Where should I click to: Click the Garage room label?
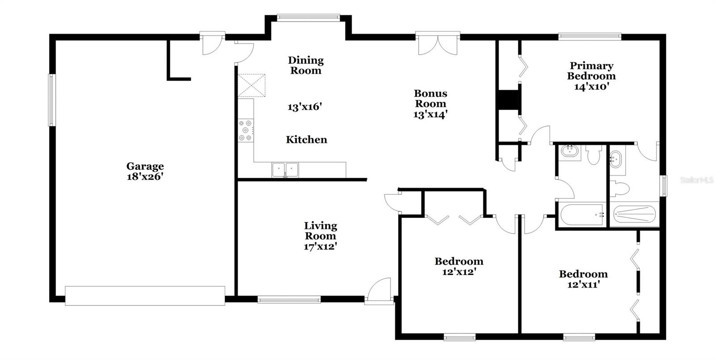145,166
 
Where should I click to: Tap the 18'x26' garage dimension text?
145,176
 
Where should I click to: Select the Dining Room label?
306,65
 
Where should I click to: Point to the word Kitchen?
307,139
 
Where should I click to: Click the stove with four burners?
246,130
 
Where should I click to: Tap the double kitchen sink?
285,170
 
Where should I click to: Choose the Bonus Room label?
431,98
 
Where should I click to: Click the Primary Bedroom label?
592,71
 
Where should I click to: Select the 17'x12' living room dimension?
320,247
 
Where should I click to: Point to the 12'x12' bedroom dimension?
459,272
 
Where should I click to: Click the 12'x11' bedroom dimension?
584,284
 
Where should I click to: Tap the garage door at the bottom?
145,296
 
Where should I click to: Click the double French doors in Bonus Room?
437,44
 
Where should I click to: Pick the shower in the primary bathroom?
635,214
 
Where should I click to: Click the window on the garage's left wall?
52,100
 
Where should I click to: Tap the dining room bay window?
308,18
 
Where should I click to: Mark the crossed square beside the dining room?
252,85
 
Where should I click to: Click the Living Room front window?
289,299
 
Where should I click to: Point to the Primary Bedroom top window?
590,36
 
